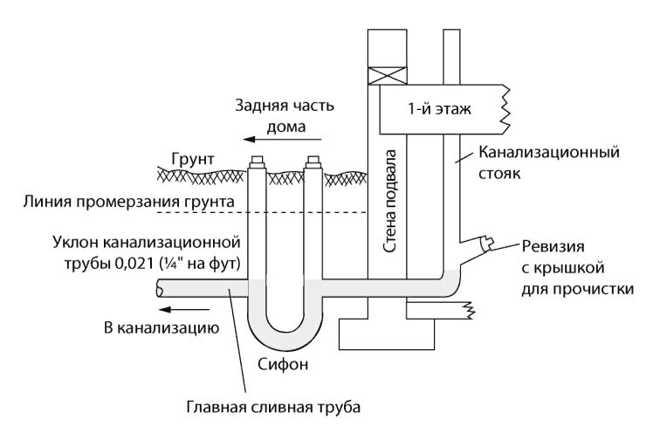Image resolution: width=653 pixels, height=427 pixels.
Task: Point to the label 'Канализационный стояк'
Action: click(548, 162)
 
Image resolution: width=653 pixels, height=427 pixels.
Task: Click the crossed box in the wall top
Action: click(381, 73)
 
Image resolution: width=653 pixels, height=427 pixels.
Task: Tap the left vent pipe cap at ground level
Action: click(258, 162)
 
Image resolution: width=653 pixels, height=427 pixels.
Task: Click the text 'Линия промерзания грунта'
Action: click(129, 202)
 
